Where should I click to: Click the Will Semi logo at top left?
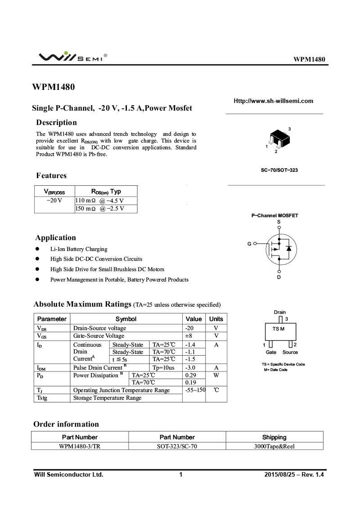72,57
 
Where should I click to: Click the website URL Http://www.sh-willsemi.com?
273,101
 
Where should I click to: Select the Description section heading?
56,122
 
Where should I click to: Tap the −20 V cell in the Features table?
54,201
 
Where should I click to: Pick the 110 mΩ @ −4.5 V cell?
99,201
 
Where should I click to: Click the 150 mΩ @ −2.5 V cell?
99,209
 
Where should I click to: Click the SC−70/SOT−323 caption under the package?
279,170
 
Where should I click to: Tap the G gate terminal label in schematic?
249,244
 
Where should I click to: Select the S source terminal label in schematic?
279,222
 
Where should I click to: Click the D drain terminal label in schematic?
279,277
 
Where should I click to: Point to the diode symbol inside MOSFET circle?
289,248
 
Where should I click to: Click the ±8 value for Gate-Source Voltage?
189,336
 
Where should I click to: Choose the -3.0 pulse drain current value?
190,367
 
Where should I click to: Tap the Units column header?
216,319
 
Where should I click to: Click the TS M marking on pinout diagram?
279,329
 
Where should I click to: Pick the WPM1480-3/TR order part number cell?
80,446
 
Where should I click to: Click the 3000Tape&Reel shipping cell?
274,446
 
